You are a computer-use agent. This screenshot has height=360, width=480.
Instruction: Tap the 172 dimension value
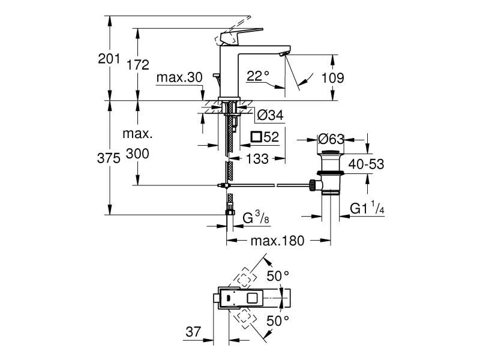click(x=138, y=65)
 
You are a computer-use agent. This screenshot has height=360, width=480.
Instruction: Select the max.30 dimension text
click(x=179, y=77)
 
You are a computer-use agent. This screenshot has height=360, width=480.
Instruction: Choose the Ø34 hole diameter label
click(x=270, y=115)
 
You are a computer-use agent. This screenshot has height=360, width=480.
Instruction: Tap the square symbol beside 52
click(x=259, y=137)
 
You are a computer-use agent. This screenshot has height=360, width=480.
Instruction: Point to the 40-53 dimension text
click(x=367, y=164)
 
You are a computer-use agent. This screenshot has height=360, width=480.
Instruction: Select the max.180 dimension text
click(x=278, y=241)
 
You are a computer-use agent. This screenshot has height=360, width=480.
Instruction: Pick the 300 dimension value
click(x=138, y=154)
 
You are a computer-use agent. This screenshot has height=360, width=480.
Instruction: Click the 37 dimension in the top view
click(x=193, y=332)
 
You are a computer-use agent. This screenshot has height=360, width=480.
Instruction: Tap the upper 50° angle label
click(x=278, y=276)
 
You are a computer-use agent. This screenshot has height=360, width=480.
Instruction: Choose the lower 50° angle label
click(x=278, y=321)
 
